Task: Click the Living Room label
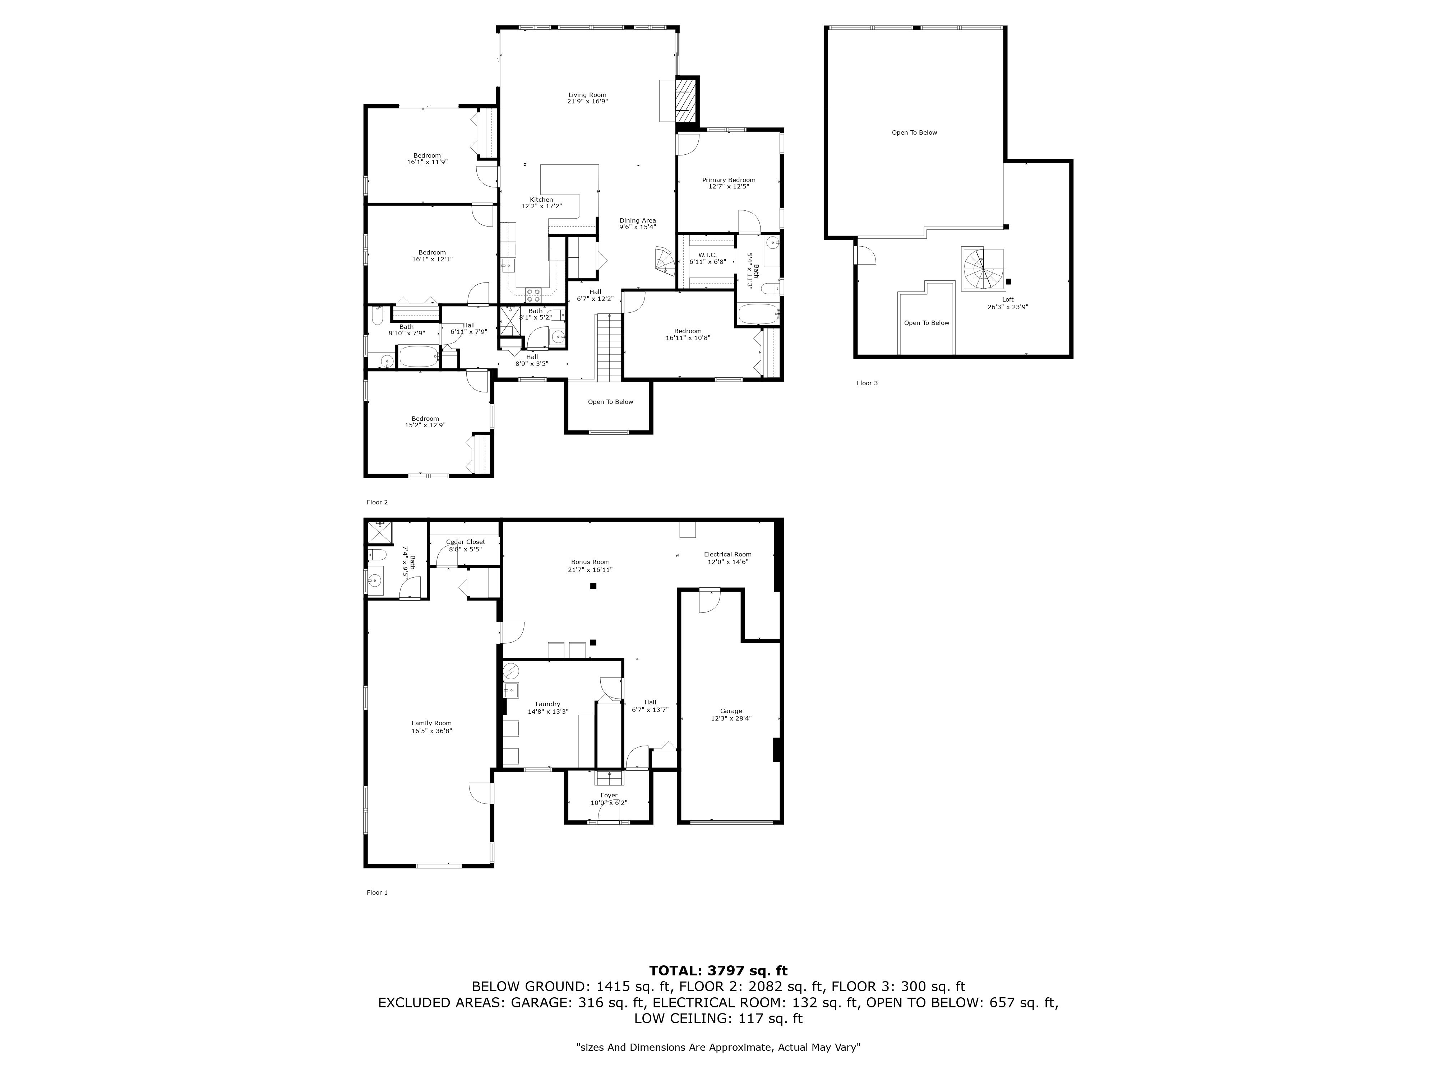(x=587, y=95)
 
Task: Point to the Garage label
(x=731, y=711)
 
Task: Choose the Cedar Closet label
(x=465, y=541)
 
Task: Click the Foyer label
(x=609, y=795)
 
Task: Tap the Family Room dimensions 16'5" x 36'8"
(x=431, y=731)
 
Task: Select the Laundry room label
(x=547, y=704)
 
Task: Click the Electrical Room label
(x=727, y=554)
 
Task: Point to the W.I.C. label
(x=707, y=255)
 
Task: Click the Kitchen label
(x=541, y=199)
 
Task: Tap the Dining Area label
(x=637, y=220)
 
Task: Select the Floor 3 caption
(x=867, y=383)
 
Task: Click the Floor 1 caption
(x=377, y=892)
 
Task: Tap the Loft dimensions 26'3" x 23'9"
(x=1008, y=307)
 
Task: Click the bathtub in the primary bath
(x=757, y=314)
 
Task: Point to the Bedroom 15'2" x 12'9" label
(x=425, y=422)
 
